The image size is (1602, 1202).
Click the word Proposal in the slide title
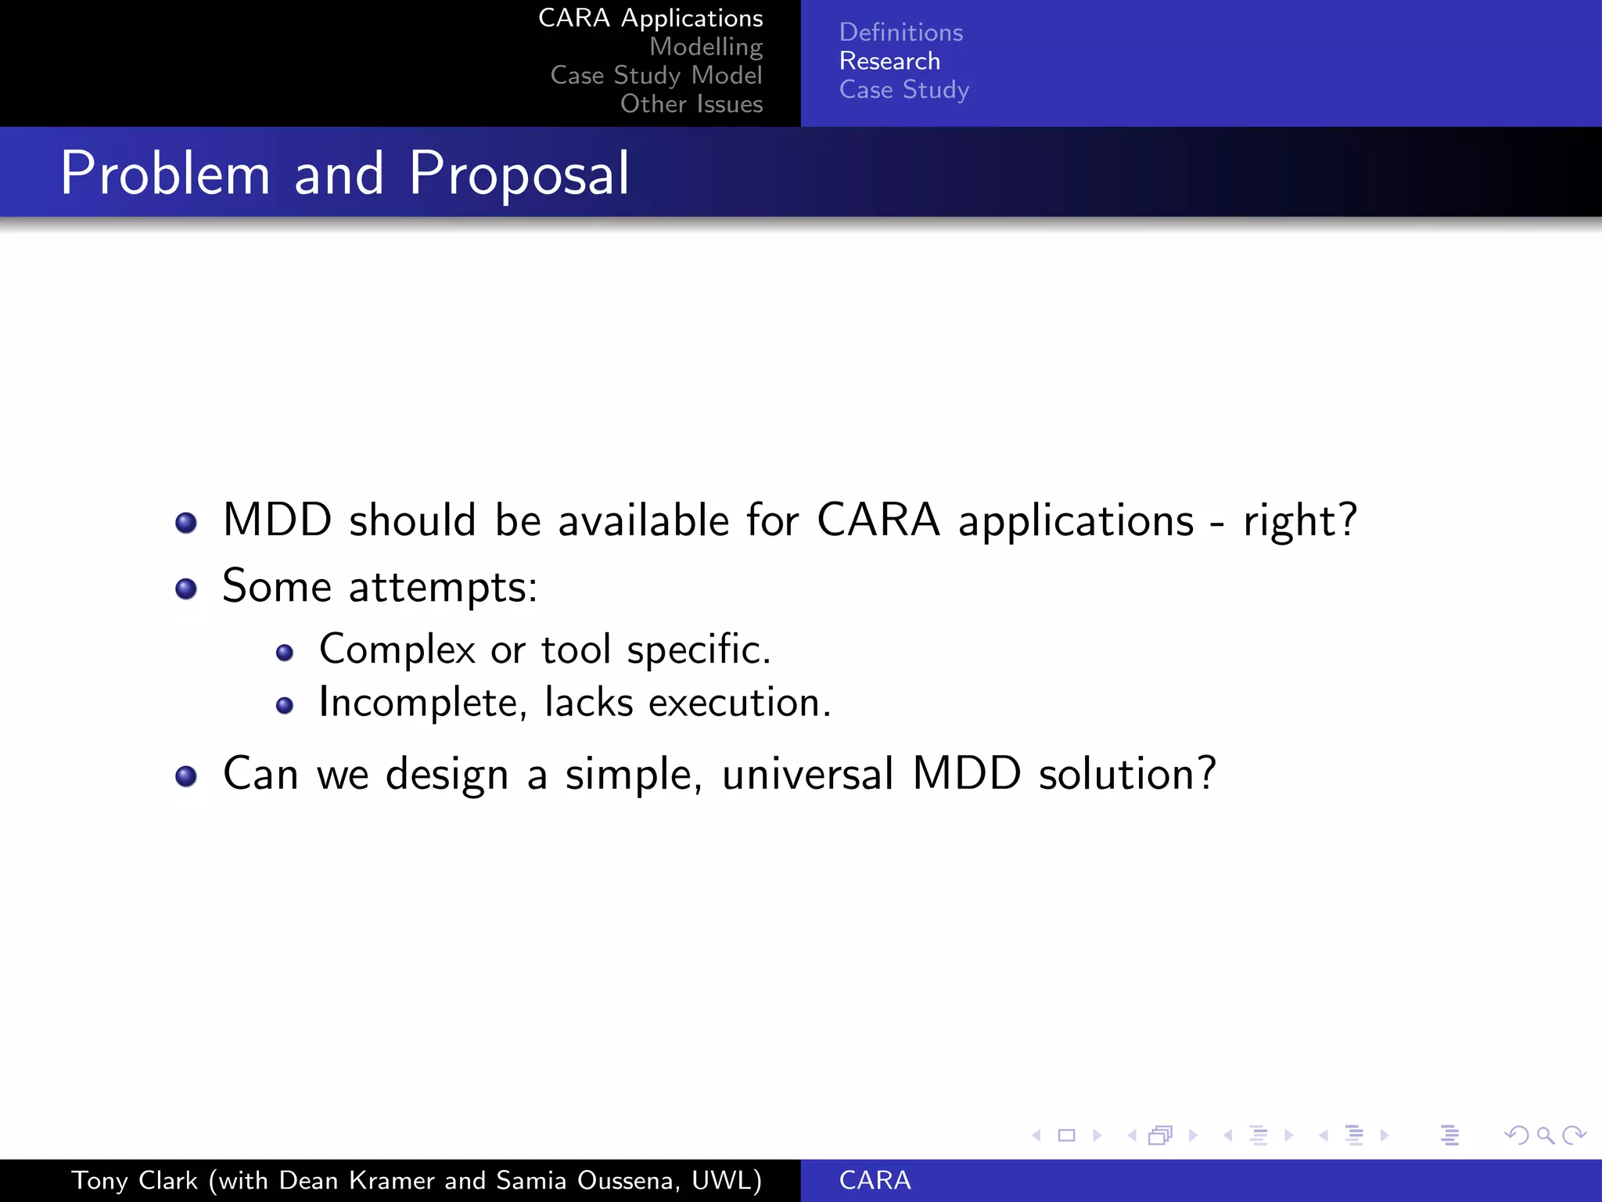click(519, 174)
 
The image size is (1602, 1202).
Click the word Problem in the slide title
click(165, 174)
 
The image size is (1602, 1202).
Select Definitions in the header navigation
click(900, 32)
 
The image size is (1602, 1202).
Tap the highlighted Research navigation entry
click(889, 61)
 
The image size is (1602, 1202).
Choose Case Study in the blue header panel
click(903, 90)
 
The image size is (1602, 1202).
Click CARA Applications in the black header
click(650, 18)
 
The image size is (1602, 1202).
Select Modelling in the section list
click(706, 47)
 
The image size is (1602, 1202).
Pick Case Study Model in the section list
click(656, 75)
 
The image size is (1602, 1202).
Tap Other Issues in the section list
click(691, 104)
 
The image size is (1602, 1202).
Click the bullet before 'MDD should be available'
click(186, 522)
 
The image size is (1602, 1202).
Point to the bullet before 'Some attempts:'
click(186, 588)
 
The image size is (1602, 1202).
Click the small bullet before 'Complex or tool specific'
click(285, 653)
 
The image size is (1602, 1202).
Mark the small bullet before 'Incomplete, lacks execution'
click(285, 706)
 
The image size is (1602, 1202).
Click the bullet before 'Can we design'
click(186, 776)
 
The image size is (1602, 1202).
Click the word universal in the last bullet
click(806, 774)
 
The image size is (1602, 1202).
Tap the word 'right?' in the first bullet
click(1299, 520)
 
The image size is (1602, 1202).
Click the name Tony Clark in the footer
click(135, 1180)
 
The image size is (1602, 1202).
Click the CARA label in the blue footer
click(875, 1180)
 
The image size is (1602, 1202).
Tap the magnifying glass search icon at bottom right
click(1545, 1135)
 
